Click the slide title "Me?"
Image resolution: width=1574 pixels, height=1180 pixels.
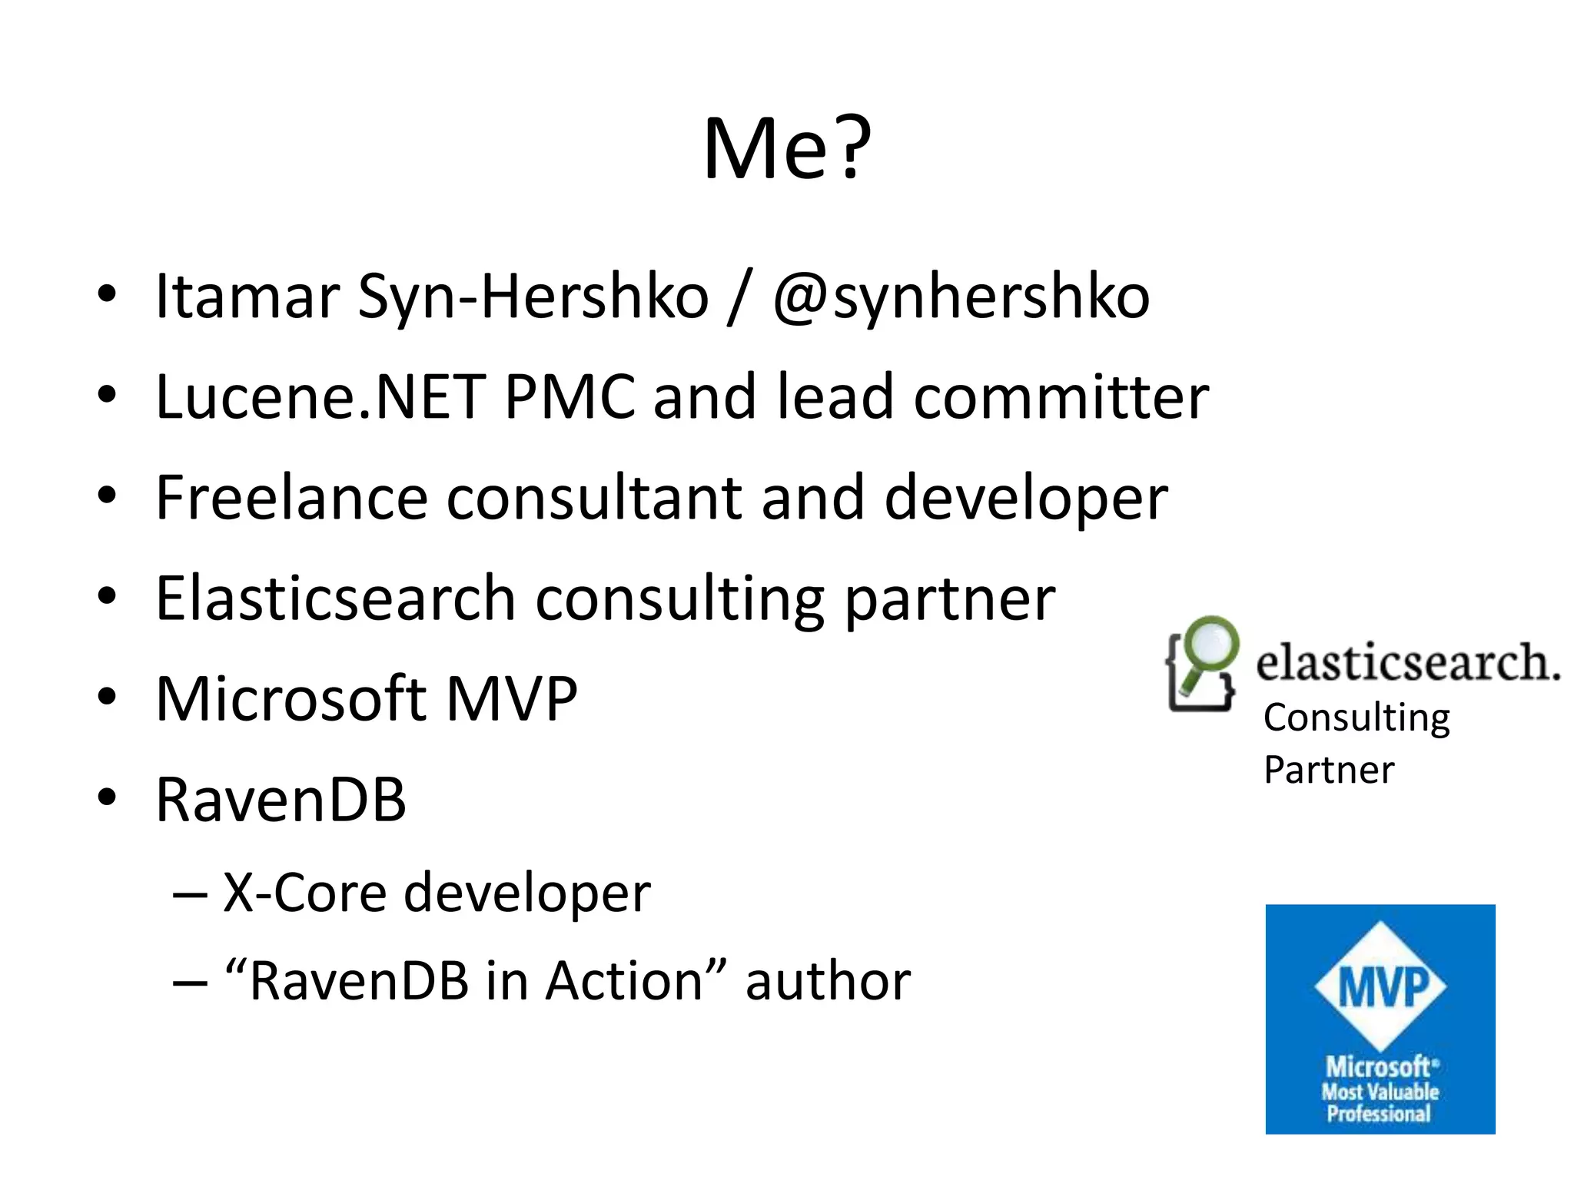pyautogui.click(x=787, y=148)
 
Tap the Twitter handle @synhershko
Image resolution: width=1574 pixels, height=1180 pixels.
pyautogui.click(x=961, y=297)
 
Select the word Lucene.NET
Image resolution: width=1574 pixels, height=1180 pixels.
pyautogui.click(x=320, y=397)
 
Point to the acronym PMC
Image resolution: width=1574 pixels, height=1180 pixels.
pyautogui.click(x=570, y=397)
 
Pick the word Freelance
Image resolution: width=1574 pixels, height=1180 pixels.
pyautogui.click(x=291, y=498)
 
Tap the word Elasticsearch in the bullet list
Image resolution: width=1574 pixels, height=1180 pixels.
pyautogui.click(x=335, y=598)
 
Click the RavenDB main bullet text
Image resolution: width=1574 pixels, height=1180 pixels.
pyautogui.click(x=281, y=800)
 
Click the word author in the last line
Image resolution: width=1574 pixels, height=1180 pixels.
pyautogui.click(x=828, y=981)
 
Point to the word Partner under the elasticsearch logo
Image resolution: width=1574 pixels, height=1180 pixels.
pyautogui.click(x=1329, y=770)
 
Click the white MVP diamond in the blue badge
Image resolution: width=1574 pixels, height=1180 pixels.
pyautogui.click(x=1380, y=986)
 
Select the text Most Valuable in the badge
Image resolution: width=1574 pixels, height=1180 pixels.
pyautogui.click(x=1380, y=1092)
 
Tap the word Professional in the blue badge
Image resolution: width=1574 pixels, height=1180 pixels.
pyautogui.click(x=1379, y=1114)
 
